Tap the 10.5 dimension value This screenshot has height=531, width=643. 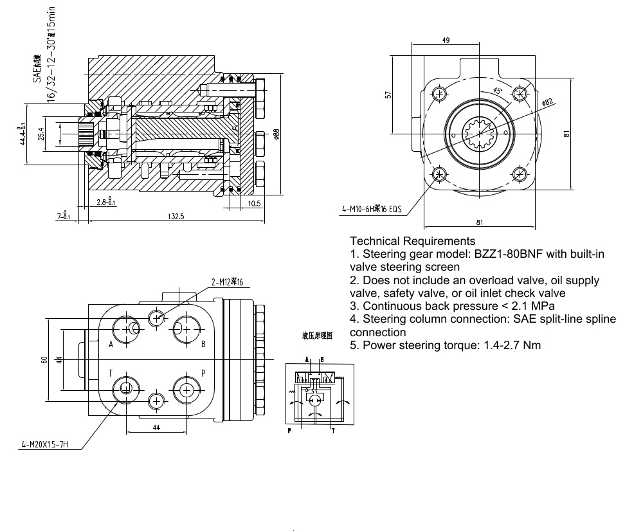pos(253,203)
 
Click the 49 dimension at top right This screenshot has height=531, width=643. pos(446,40)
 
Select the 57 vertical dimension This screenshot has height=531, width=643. pos(388,94)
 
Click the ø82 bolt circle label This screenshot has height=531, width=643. pos(547,102)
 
